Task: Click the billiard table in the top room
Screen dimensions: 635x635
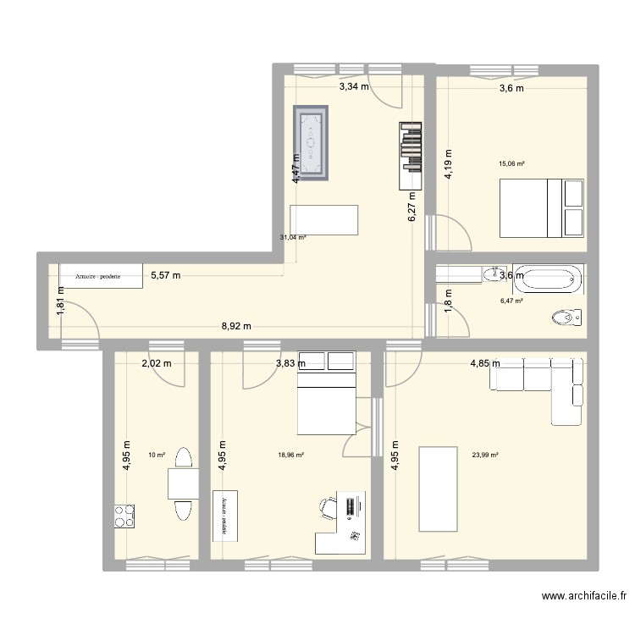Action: (x=311, y=144)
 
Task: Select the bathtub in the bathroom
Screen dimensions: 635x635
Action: (x=549, y=277)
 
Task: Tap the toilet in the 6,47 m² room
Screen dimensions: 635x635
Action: (x=566, y=317)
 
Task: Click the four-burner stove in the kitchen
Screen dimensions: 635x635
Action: (x=126, y=515)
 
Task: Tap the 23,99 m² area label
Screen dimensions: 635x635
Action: (x=485, y=455)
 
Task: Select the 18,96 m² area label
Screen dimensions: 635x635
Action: (x=290, y=455)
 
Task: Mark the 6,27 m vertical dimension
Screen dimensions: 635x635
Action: (x=412, y=205)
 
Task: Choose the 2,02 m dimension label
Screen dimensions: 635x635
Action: (x=156, y=363)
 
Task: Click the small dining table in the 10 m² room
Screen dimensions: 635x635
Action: (x=183, y=483)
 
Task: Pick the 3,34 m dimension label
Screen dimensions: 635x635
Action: (x=354, y=86)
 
